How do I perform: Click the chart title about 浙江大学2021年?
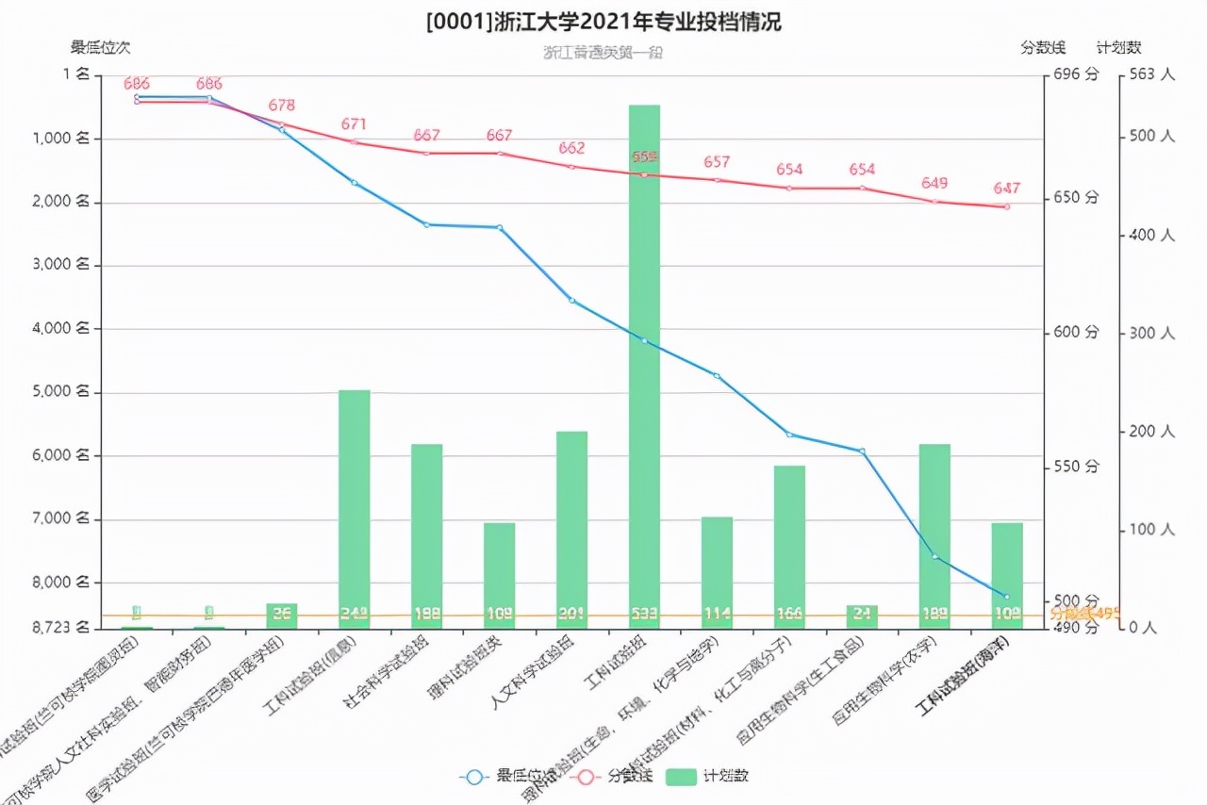tap(603, 21)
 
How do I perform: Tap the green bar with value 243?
tap(355, 509)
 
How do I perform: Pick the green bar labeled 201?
tap(571, 529)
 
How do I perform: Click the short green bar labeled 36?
tap(282, 616)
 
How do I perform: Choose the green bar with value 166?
tap(789, 547)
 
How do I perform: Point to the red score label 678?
tap(282, 106)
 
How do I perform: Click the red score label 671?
tap(355, 124)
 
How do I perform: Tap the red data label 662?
tap(571, 148)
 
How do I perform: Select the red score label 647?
tap(1006, 189)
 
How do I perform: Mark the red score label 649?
tap(934, 183)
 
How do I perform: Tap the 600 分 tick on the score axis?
tap(1077, 332)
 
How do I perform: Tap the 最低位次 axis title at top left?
tap(100, 46)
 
